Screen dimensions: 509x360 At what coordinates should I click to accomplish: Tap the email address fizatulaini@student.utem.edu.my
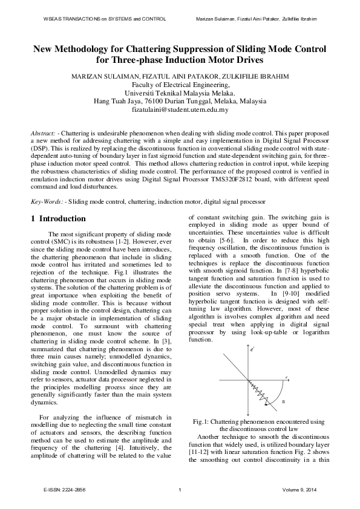click(180, 110)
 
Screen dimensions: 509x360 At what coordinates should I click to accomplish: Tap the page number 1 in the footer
click(180, 489)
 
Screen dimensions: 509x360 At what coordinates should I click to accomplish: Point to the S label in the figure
click(283, 402)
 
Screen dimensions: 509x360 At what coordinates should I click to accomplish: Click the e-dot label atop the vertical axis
click(252, 349)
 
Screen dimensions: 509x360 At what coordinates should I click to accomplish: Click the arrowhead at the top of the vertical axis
click(249, 354)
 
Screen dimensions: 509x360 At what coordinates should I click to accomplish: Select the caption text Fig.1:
click(201, 421)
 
